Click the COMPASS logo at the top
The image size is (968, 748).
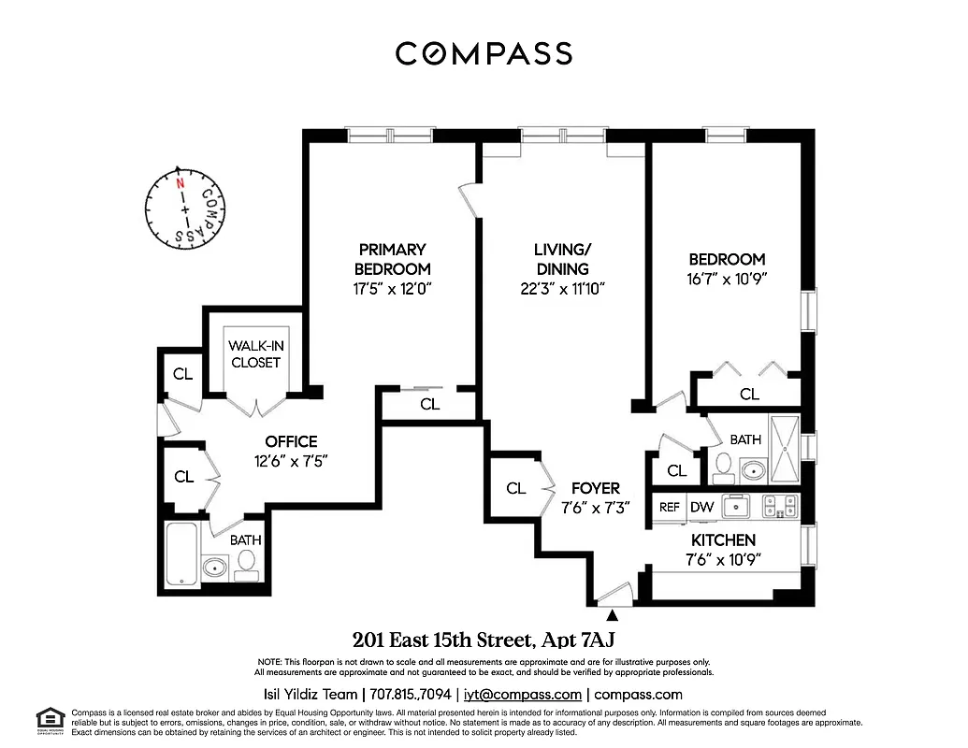[484, 53]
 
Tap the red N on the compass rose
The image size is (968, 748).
[179, 184]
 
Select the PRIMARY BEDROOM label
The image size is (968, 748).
[392, 259]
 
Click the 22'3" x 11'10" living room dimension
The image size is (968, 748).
[561, 289]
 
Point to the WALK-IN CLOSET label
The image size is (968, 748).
[254, 353]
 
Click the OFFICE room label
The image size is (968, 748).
[291, 441]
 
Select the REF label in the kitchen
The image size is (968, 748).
[670, 507]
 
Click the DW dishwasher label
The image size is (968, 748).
[701, 507]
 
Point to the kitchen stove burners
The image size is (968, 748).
[779, 506]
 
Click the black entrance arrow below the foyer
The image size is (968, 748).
[614, 615]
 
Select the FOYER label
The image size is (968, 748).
[595, 488]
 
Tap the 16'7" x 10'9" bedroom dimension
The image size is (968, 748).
[727, 280]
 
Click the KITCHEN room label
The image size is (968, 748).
[723, 540]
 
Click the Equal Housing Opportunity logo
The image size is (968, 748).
[50, 720]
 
